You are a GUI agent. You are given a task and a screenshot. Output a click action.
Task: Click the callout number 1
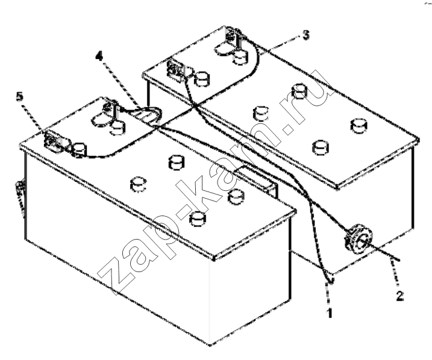point(330,313)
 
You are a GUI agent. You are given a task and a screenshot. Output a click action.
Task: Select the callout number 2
point(399,296)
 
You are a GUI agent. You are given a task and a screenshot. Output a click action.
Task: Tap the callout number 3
point(305,36)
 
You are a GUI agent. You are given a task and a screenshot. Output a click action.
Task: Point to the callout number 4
point(99,57)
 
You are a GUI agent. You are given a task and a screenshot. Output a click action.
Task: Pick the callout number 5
point(19,96)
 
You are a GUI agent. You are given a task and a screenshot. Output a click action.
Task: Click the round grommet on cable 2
point(358,237)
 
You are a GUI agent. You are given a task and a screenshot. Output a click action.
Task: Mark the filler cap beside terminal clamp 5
point(79,150)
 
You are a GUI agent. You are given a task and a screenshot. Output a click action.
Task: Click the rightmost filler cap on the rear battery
point(359,126)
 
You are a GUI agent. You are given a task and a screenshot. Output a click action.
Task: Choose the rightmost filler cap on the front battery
point(236,196)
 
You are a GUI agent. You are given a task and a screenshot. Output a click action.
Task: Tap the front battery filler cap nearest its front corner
point(198,219)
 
